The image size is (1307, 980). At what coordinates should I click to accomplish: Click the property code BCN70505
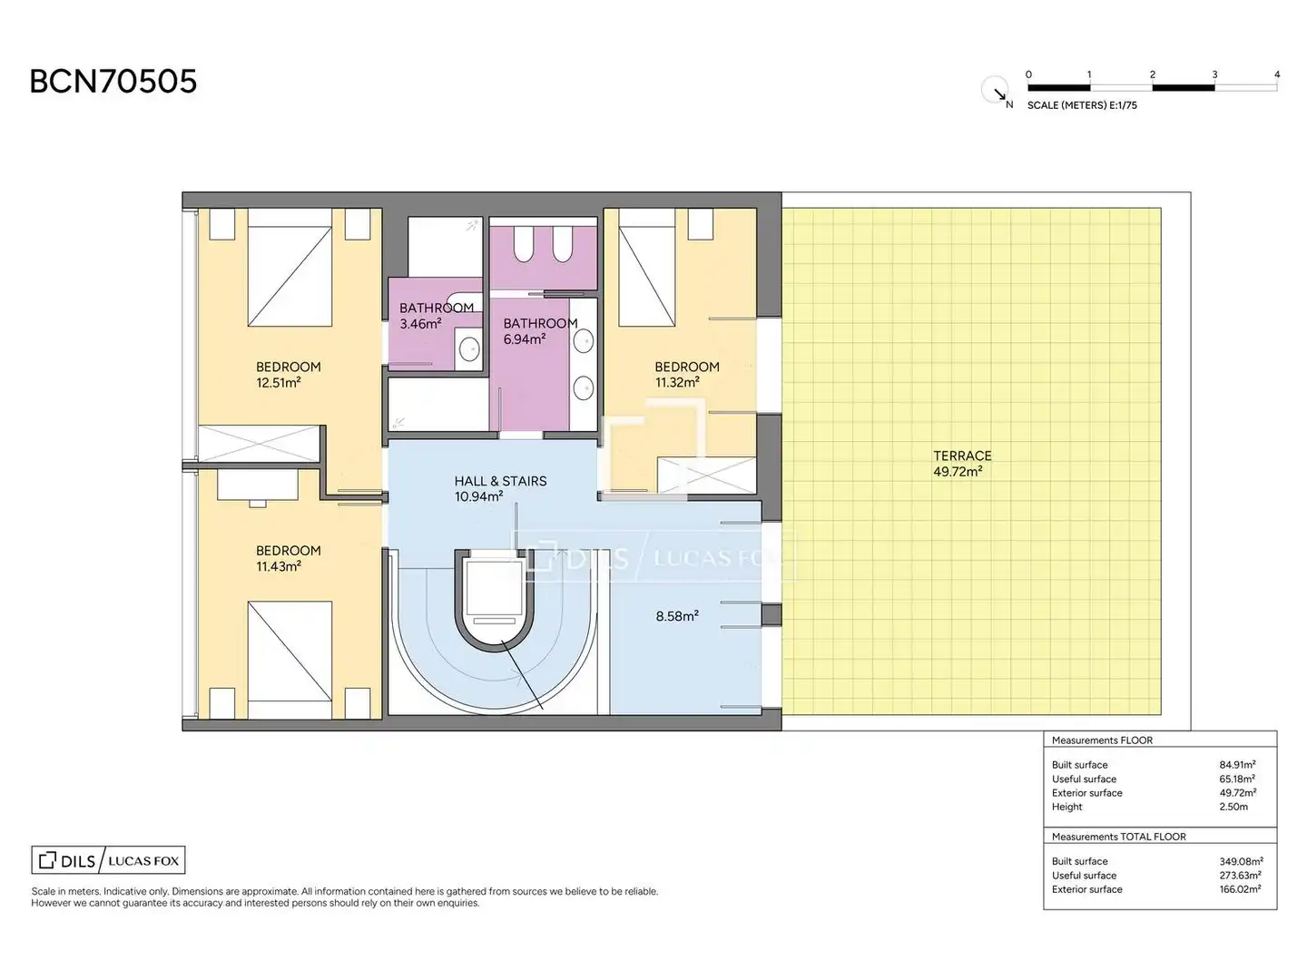[113, 81]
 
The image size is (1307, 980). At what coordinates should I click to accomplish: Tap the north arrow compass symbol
[995, 90]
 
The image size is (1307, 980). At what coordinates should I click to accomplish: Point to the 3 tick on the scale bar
[1214, 75]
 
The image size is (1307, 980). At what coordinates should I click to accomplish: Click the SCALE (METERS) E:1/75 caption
[1082, 105]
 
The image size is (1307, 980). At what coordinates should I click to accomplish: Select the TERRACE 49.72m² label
[961, 464]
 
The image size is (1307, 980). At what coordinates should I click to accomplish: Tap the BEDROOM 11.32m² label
[686, 374]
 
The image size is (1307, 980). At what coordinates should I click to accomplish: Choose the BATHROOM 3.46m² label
[437, 316]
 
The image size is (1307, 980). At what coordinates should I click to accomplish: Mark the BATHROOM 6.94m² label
[540, 331]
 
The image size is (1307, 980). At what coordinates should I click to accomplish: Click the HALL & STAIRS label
[500, 481]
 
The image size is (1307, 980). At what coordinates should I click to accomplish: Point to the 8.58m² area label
[677, 616]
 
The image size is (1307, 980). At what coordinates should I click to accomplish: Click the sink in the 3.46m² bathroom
[470, 348]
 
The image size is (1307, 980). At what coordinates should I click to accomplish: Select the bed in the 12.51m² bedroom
[290, 267]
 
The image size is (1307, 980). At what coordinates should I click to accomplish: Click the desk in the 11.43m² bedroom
[257, 485]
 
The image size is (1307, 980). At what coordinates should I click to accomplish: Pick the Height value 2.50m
[1233, 807]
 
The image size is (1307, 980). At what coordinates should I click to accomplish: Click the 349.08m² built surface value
[1241, 861]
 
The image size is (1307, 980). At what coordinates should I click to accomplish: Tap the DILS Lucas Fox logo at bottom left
[108, 860]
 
